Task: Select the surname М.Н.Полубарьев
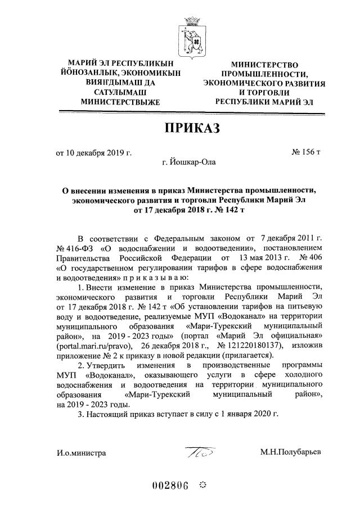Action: click(x=290, y=452)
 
